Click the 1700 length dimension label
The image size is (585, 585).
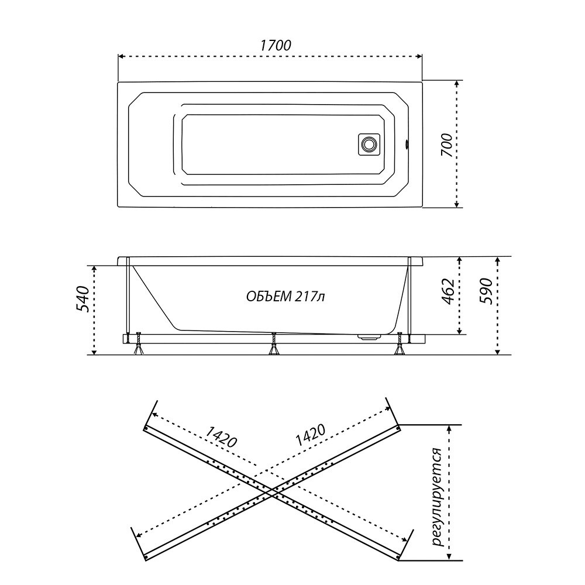(275, 45)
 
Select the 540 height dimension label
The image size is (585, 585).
(82, 299)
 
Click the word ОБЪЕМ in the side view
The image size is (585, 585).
(269, 297)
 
